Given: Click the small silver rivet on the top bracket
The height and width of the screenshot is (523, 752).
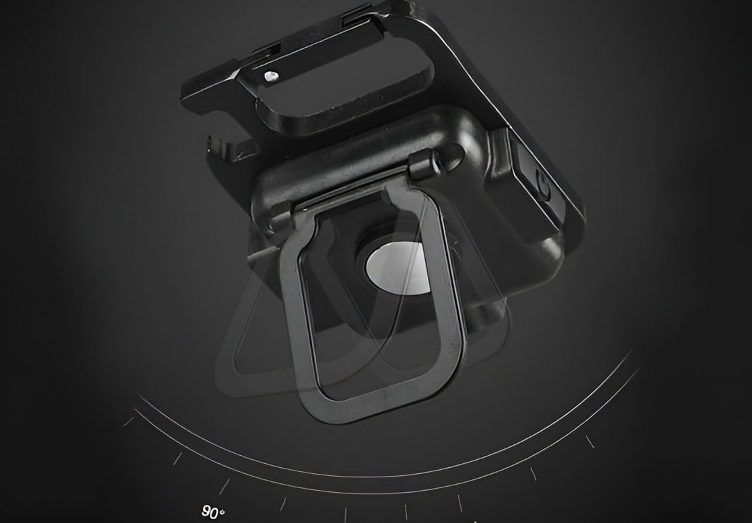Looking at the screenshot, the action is point(270,76).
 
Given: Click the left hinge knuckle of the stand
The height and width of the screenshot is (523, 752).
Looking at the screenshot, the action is point(283,212).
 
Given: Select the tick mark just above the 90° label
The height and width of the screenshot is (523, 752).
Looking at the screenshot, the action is point(224,486).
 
